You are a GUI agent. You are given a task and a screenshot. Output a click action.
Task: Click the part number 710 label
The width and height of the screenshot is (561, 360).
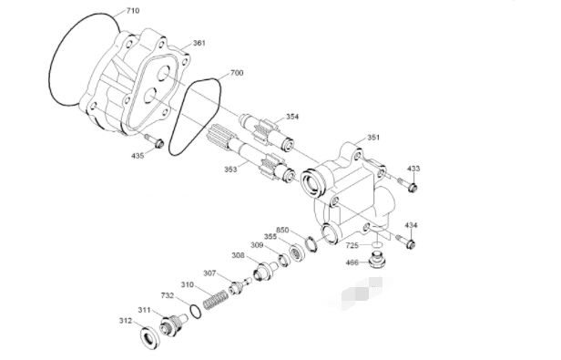point(133,11)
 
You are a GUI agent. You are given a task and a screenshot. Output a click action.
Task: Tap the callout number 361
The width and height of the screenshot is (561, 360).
point(199,43)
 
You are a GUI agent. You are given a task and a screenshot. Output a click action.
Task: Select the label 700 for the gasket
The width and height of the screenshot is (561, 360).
point(237,73)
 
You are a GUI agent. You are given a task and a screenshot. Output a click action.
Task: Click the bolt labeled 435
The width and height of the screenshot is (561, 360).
point(154,140)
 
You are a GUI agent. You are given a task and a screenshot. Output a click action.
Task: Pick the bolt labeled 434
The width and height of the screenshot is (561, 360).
point(406,242)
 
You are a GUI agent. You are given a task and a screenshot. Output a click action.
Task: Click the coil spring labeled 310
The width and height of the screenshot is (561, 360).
point(215,300)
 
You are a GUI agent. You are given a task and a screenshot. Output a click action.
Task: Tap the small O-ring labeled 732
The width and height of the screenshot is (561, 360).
point(195,311)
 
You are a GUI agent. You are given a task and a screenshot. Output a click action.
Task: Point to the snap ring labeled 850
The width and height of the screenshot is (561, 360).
point(311,244)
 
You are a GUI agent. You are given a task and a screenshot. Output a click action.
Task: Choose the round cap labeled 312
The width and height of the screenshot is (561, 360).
point(150,337)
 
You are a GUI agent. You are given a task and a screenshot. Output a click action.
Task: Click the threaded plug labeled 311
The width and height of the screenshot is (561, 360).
point(173,324)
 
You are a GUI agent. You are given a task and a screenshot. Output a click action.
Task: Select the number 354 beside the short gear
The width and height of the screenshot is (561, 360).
point(292,117)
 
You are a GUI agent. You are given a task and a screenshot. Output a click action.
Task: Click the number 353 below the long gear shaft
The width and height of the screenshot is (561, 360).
point(230,170)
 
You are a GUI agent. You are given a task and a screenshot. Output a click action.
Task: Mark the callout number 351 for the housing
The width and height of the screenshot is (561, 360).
point(373,138)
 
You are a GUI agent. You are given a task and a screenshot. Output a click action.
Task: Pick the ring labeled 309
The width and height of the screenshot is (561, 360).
point(283,260)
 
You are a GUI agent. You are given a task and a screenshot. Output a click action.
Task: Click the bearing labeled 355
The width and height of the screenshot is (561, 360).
point(296,252)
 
